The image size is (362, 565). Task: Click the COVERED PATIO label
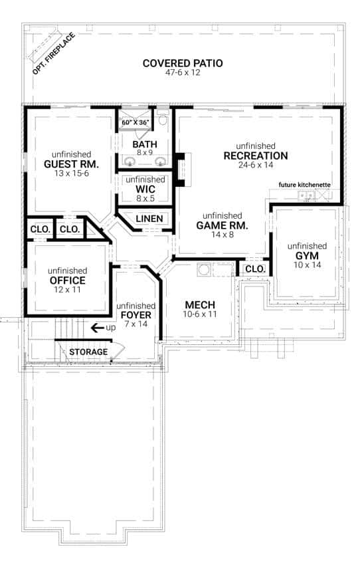click(x=183, y=64)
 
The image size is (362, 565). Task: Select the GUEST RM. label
click(x=71, y=164)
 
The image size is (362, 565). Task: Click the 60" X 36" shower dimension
click(x=136, y=123)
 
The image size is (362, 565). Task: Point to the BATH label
click(x=144, y=144)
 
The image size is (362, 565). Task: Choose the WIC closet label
click(x=145, y=189)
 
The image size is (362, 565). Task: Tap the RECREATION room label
click(x=255, y=156)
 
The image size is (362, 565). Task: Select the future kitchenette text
click(x=305, y=184)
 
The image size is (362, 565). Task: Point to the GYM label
click(x=308, y=255)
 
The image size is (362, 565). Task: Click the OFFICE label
click(x=66, y=280)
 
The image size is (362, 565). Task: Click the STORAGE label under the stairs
click(x=88, y=352)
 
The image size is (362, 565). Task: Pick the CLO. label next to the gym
click(x=255, y=269)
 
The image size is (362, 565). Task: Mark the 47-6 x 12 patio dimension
click(x=183, y=74)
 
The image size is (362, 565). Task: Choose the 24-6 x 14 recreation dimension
click(x=255, y=165)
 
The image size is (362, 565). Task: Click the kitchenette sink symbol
click(x=306, y=195)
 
